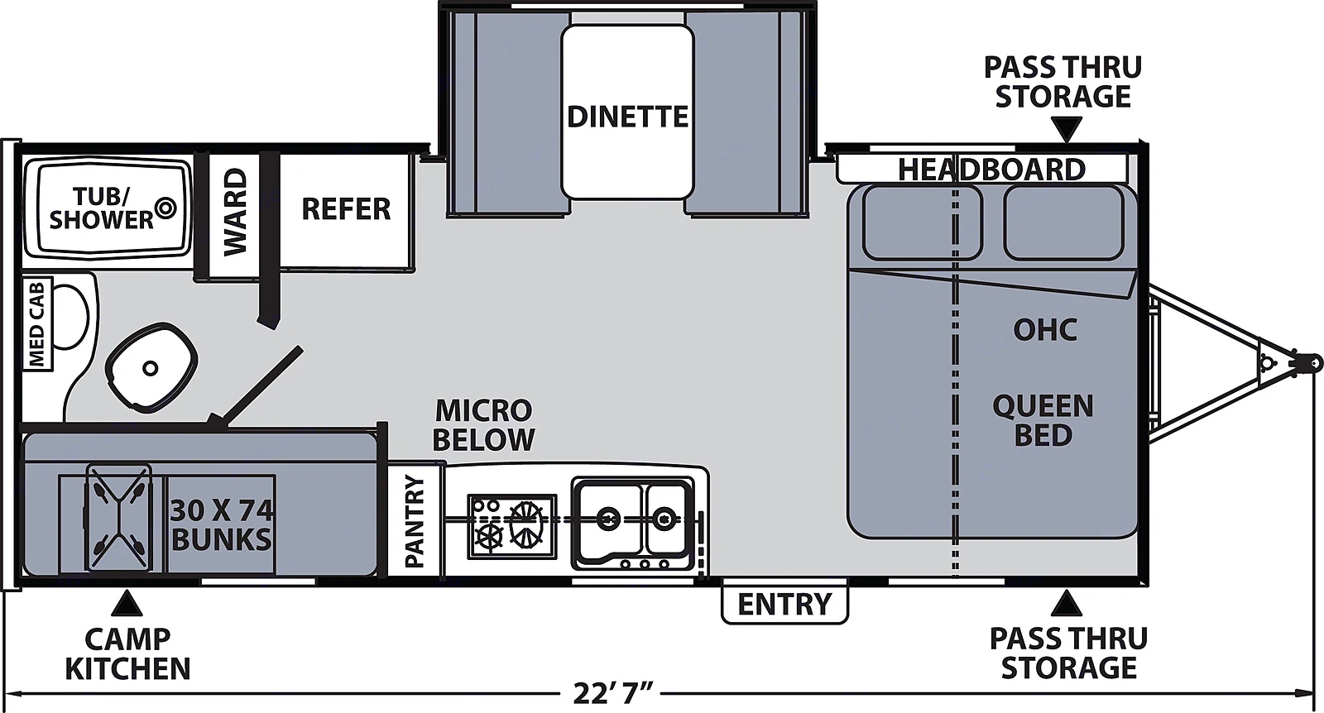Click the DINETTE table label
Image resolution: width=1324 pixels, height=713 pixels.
coord(627,117)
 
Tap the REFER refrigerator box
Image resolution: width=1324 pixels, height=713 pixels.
coord(346,209)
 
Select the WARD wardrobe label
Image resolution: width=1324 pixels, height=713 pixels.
coord(235,212)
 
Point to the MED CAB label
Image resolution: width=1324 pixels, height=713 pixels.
coord(37,324)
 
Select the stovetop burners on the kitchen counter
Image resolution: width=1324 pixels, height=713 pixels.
coord(511,525)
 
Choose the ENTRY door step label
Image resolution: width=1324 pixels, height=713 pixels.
coord(784,605)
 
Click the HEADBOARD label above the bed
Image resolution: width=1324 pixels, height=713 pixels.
coord(991,170)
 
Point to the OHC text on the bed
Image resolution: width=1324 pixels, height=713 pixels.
coord(1045,330)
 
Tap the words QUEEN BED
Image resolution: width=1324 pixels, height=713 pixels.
coord(1043,420)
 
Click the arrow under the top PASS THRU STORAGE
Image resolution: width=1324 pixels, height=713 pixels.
coord(1067,129)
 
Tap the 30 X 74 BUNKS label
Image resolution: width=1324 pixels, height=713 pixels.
coord(221,524)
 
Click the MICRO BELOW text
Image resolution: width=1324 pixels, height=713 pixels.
coord(483,424)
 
